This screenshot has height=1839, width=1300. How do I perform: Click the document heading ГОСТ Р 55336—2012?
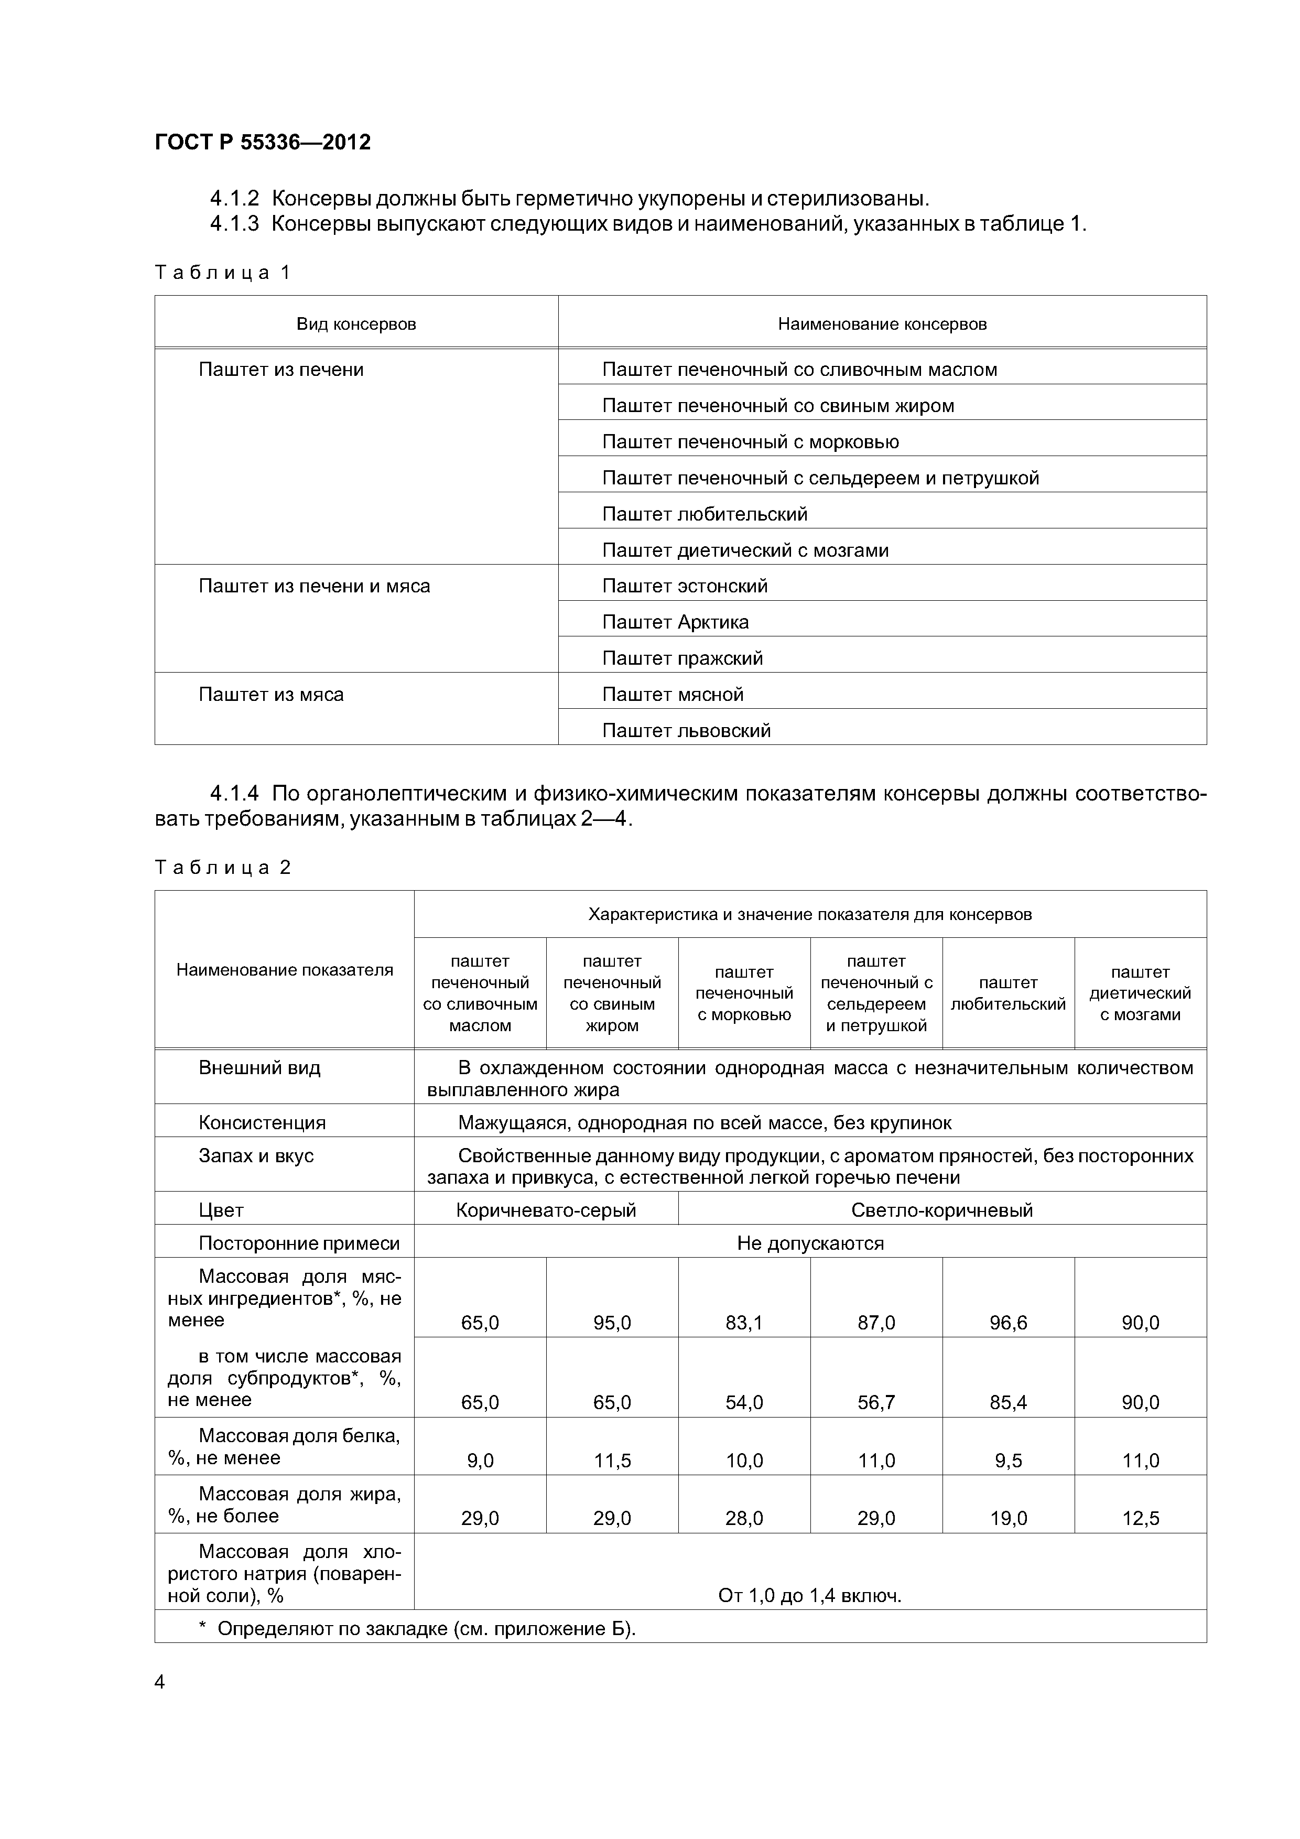pos(263,143)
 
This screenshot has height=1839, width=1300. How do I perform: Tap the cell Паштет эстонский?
pos(685,586)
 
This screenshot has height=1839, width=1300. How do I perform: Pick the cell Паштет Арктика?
pos(675,622)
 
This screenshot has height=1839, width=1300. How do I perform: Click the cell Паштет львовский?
pos(687,730)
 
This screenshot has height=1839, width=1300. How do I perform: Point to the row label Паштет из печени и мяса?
pos(314,586)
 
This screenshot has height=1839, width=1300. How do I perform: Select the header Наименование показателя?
pos(284,970)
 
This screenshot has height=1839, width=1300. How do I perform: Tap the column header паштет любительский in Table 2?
pos(1007,993)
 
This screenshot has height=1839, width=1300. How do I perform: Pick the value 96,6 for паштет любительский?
pos(1007,1323)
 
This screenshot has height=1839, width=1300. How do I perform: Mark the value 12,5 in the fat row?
pos(1140,1518)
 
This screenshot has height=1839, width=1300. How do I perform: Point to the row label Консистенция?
pos(262,1122)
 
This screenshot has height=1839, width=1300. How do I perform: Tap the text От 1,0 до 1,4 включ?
pos(810,1596)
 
